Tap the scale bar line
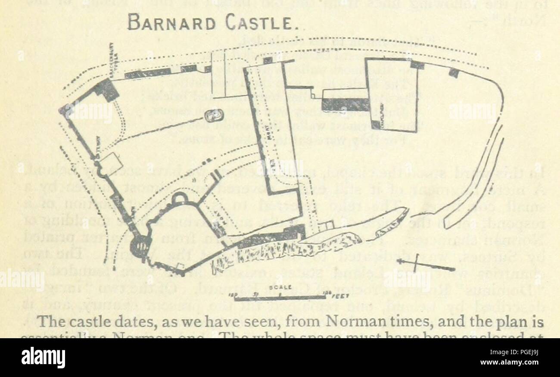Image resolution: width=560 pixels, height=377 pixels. tap(276, 297)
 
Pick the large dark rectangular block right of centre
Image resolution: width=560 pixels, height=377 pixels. tap(345, 104)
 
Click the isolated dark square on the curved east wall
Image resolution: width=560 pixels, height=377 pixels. tap(453, 72)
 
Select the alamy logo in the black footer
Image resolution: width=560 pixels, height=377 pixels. tap(43, 357)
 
